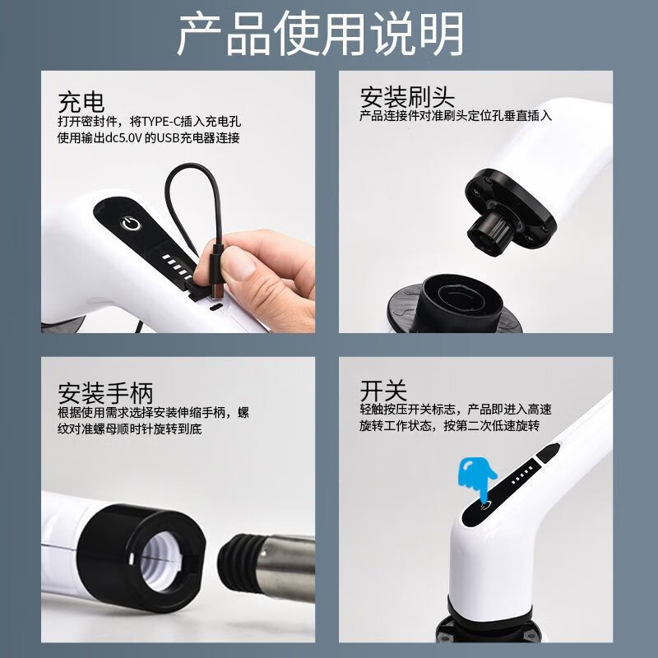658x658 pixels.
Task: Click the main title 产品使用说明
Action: (x=321, y=35)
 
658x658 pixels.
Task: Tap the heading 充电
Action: (x=81, y=102)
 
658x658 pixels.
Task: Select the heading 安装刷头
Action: (x=407, y=97)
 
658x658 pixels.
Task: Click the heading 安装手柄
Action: (x=105, y=391)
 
